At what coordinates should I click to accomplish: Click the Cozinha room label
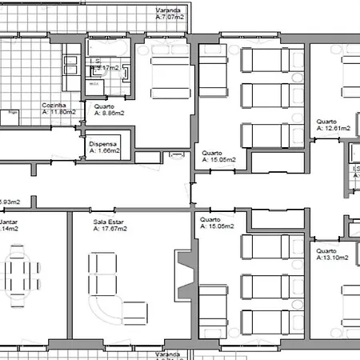[x=54, y=105]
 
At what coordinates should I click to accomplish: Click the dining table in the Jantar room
[x=21, y=274]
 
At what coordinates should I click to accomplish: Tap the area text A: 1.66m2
[x=105, y=150]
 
